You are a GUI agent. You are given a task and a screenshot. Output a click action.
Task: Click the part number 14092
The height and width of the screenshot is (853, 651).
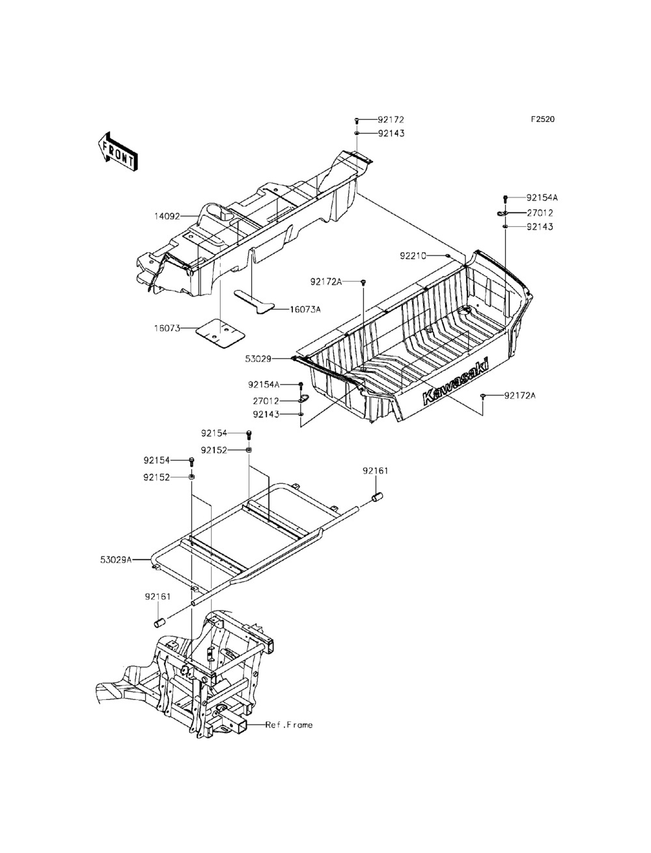click(167, 215)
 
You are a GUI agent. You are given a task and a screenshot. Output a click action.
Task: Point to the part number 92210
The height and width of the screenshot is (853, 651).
click(413, 256)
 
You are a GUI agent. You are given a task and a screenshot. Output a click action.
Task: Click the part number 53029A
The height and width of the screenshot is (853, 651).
click(116, 559)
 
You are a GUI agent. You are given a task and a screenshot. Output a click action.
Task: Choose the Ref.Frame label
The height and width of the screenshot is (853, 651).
click(289, 725)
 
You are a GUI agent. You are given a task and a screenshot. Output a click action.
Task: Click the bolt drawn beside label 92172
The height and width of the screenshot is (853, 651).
click(357, 121)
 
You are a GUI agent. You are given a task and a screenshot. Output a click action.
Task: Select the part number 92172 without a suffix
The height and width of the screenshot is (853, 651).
click(391, 120)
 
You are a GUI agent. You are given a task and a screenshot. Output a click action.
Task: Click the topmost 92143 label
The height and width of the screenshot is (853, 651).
click(391, 133)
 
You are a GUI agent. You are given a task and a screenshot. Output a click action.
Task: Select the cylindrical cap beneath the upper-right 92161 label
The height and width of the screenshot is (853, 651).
click(376, 498)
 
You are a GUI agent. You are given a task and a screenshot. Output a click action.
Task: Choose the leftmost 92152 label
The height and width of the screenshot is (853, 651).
click(157, 477)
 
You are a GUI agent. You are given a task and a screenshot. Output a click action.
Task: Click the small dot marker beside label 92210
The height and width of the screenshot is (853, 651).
click(449, 256)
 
